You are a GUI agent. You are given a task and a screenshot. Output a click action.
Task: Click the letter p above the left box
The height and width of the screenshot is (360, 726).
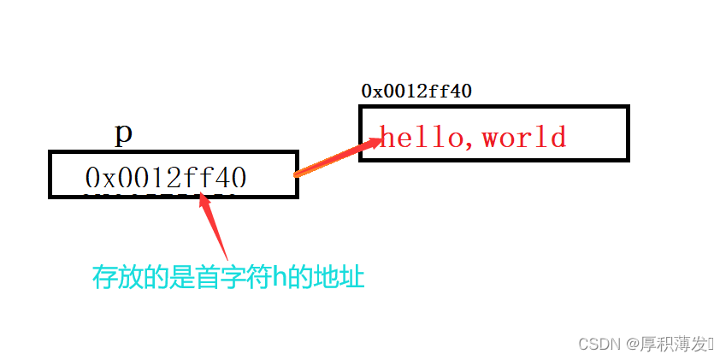pyautogui.click(x=123, y=133)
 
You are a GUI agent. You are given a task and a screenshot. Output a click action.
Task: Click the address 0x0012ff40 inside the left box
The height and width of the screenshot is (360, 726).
pyautogui.click(x=166, y=177)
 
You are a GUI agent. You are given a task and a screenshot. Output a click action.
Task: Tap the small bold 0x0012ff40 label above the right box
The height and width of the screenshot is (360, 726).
pyautogui.click(x=416, y=91)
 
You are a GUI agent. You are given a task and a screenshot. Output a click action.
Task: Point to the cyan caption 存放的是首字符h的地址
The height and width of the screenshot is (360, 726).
pyautogui.click(x=228, y=276)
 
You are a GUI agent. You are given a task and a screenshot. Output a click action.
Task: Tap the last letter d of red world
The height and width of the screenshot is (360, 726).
pyautogui.click(x=557, y=136)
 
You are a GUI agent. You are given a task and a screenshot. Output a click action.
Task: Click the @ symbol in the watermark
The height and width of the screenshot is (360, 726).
pyautogui.click(x=631, y=344)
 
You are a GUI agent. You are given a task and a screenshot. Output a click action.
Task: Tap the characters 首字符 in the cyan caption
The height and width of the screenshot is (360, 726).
pyautogui.click(x=226, y=276)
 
